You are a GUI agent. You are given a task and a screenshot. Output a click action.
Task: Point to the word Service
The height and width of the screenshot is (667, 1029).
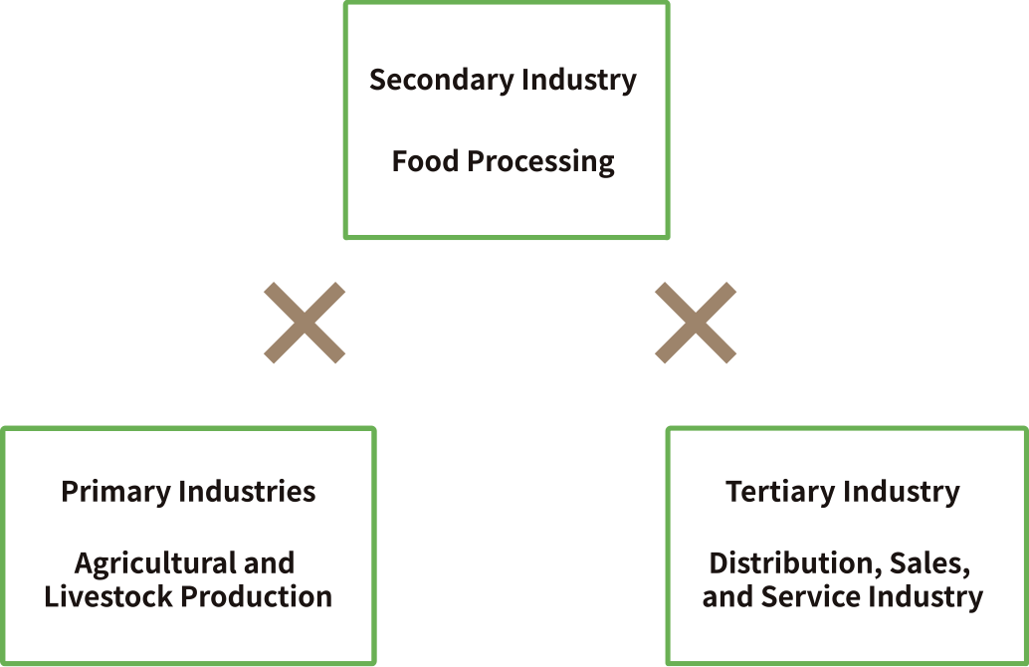[x=810, y=596]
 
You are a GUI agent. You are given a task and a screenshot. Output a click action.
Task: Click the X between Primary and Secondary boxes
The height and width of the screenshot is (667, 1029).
[x=305, y=323]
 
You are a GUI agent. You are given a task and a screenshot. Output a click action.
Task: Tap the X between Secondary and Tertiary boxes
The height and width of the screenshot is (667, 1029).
[x=696, y=323]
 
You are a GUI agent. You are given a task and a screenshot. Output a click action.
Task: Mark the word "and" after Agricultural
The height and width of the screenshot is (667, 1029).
[x=269, y=563]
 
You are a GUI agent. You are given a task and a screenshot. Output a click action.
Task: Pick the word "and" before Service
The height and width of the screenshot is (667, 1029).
[x=727, y=596]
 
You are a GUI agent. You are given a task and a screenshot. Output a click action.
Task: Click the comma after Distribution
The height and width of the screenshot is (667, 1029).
[x=880, y=572]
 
